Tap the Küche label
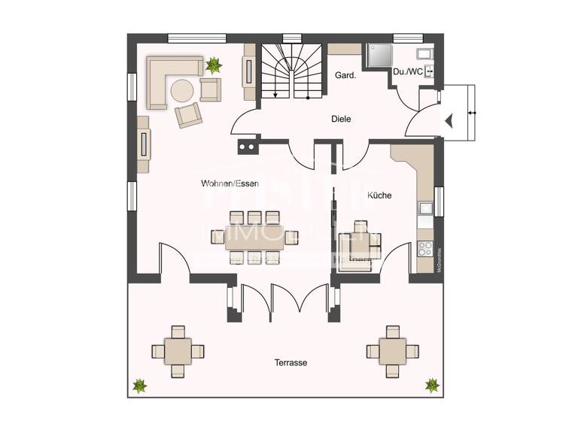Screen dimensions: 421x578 pyautogui.click(x=379, y=195)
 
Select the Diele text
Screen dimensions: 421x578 pyautogui.click(x=341, y=119)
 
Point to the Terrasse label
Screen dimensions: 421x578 pyautogui.click(x=290, y=362)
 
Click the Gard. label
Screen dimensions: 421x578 pyautogui.click(x=345, y=75)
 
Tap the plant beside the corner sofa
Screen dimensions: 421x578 pyautogui.click(x=214, y=65)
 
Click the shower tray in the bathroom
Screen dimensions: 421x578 pyautogui.click(x=378, y=56)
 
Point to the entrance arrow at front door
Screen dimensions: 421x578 pyautogui.click(x=449, y=120)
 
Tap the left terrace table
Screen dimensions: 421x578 pyautogui.click(x=178, y=350)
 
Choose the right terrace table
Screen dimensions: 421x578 pyautogui.click(x=391, y=350)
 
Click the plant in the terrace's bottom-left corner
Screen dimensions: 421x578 pyautogui.click(x=139, y=386)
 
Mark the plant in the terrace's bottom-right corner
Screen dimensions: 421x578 pyautogui.click(x=432, y=385)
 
